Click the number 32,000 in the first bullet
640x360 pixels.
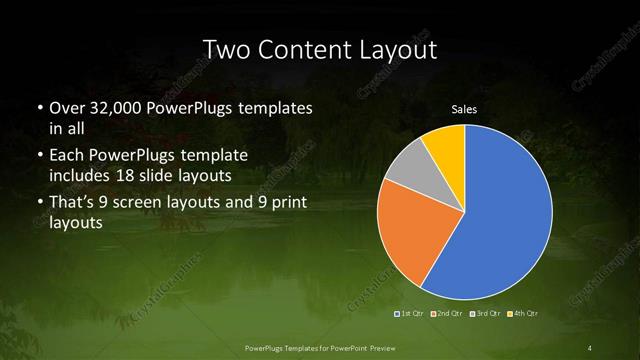120,107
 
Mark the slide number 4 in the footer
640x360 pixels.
590,347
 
